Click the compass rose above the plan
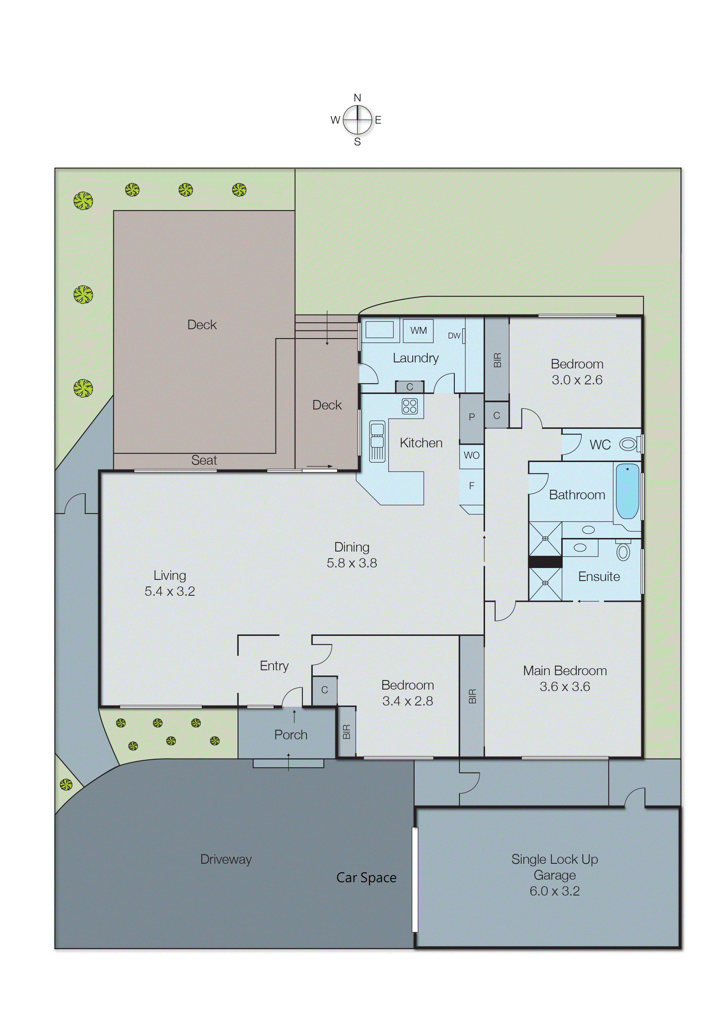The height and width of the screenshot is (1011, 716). click(x=357, y=120)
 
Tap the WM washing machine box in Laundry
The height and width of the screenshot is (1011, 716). click(x=418, y=331)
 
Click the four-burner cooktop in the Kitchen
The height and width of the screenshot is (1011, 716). click(x=410, y=406)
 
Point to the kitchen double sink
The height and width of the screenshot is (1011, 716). click(x=377, y=441)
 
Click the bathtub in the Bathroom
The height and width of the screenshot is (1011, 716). click(x=627, y=491)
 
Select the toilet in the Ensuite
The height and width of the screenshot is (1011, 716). click(x=623, y=552)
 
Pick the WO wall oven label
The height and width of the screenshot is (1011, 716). click(x=471, y=455)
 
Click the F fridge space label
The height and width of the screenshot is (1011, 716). click(x=471, y=486)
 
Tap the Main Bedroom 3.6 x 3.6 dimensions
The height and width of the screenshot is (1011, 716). click(x=565, y=686)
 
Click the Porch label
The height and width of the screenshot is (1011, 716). click(x=290, y=735)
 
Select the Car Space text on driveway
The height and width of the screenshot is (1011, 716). click(x=366, y=877)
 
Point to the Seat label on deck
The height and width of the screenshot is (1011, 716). click(x=204, y=460)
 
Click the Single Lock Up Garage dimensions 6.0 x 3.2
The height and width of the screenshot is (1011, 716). click(x=555, y=891)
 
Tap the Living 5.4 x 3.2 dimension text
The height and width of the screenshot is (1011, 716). click(x=170, y=591)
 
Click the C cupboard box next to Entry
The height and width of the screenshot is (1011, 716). click(x=325, y=690)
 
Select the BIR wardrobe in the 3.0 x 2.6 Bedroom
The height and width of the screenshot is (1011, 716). click(x=497, y=360)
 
